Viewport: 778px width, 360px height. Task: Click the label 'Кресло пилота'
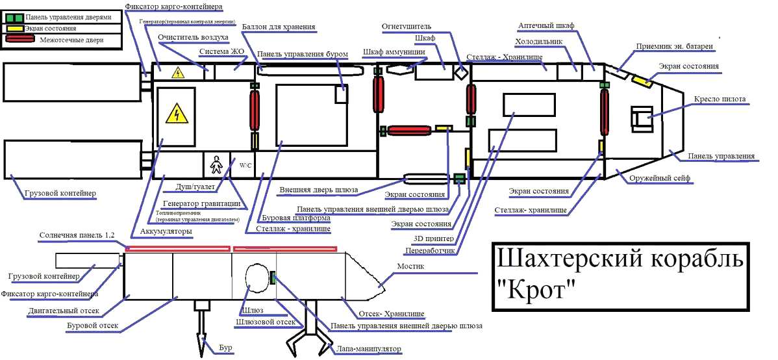click(719, 99)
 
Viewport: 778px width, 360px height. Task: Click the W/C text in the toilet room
click(245, 166)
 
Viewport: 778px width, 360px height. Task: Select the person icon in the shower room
click(216, 165)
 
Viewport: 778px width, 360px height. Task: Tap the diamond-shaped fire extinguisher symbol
click(460, 72)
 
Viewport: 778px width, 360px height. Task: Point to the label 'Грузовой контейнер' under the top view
click(60, 193)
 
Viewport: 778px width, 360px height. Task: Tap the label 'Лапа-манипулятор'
click(368, 349)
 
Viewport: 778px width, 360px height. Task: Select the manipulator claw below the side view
click(305, 335)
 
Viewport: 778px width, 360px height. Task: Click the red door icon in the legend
click(21, 40)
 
